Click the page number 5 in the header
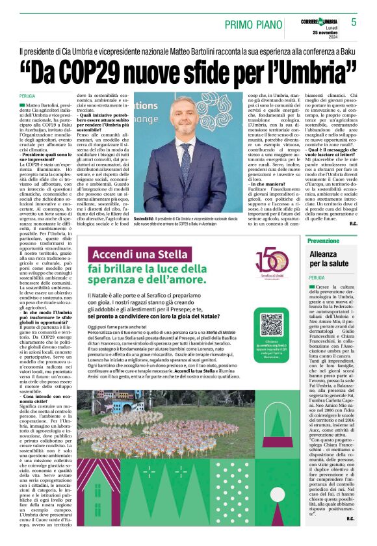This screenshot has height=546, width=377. pos(354,22)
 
